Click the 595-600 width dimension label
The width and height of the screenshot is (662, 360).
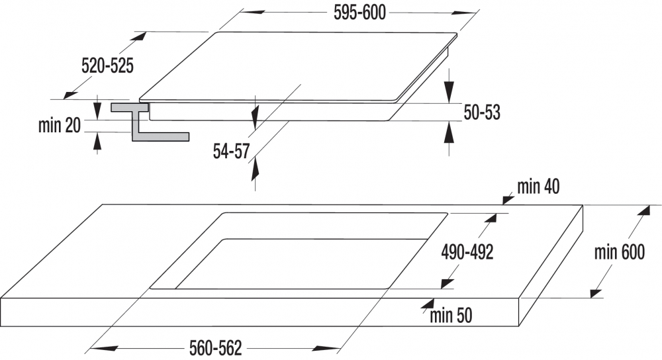[x=359, y=13]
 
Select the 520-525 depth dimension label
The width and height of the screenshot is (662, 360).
[x=107, y=66]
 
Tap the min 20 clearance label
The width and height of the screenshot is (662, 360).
[x=59, y=125]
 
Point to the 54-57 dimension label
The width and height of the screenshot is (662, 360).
[x=231, y=151]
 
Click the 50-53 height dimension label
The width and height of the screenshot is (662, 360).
[x=482, y=112]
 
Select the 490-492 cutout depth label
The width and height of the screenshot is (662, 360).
[x=467, y=252]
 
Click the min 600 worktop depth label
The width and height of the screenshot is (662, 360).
[x=620, y=252]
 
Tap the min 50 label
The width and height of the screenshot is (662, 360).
[x=451, y=316]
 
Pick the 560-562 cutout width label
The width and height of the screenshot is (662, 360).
[x=216, y=348]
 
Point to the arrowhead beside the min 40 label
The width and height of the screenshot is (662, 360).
[x=508, y=199]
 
